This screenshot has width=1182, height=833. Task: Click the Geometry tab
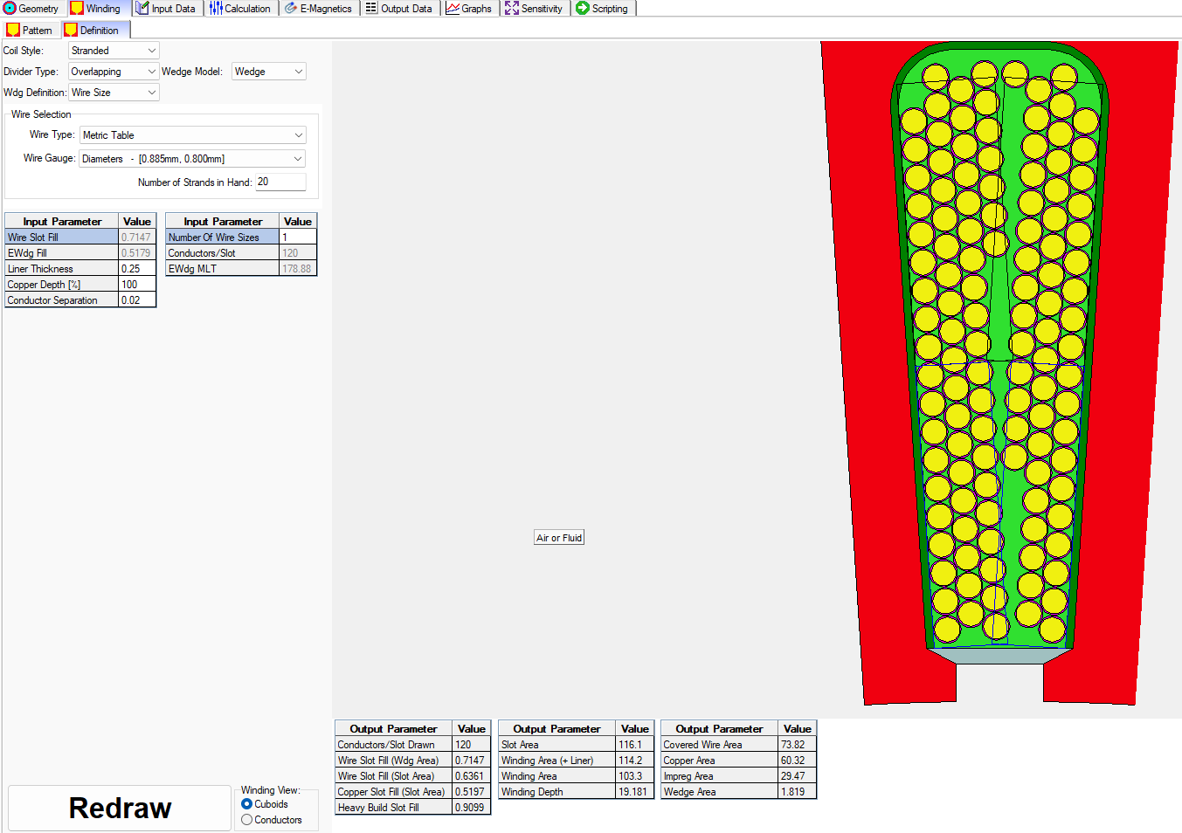click(31, 9)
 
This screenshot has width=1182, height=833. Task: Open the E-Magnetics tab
click(319, 9)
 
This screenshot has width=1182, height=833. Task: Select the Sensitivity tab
click(534, 9)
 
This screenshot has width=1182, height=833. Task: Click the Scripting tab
click(603, 9)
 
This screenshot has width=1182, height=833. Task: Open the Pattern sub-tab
click(31, 30)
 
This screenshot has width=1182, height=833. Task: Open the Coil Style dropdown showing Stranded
click(114, 51)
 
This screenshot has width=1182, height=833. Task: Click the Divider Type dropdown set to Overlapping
click(114, 72)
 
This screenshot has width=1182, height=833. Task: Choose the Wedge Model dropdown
click(268, 72)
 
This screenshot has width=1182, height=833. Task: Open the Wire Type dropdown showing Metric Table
click(192, 135)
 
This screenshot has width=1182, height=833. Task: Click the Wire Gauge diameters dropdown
click(192, 159)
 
